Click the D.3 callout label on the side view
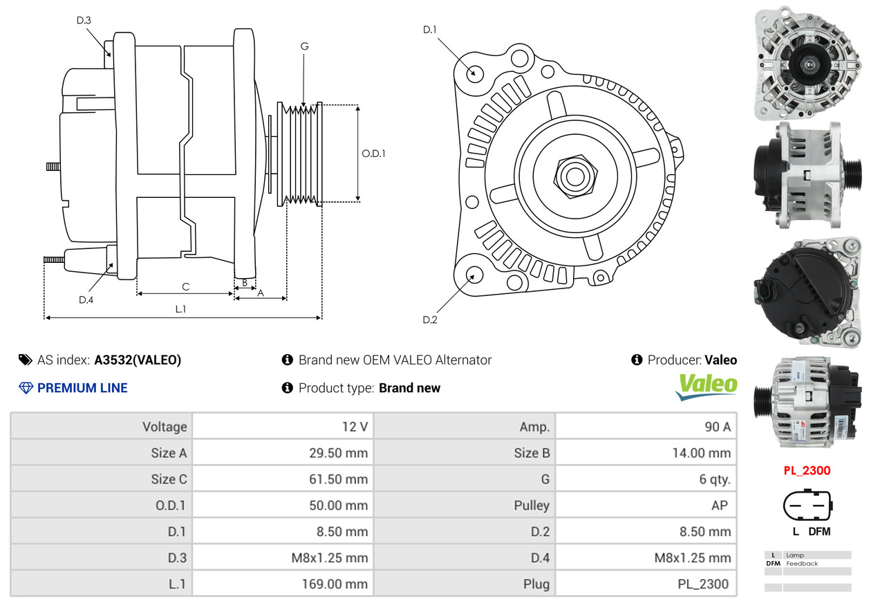[84, 20]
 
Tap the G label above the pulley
[305, 46]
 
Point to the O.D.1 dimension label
[373, 154]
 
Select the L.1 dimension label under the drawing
[180, 309]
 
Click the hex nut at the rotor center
[576, 176]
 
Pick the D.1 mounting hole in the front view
[474, 73]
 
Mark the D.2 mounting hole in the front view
[474, 275]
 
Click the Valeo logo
[706, 387]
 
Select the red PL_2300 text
[807, 470]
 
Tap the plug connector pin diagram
[807, 506]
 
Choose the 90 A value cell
[646, 427]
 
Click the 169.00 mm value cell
[283, 584]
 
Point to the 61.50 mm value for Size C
[338, 479]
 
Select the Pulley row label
[532, 506]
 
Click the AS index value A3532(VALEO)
[138, 360]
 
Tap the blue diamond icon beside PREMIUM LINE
[26, 388]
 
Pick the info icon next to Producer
[637, 360]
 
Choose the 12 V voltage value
[355, 427]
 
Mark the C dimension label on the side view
[185, 287]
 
